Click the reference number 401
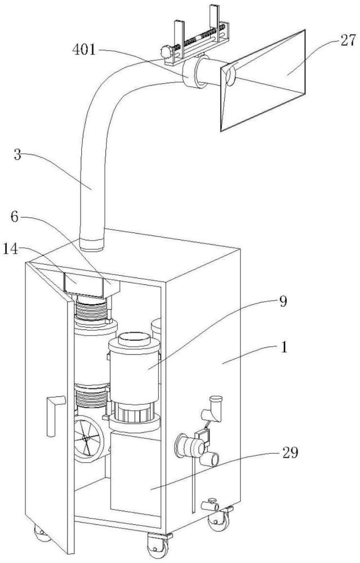(84, 50)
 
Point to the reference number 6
(15, 217)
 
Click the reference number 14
(11, 249)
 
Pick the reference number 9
(283, 302)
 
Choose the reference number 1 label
(284, 347)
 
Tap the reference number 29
(290, 453)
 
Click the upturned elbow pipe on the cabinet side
(213, 409)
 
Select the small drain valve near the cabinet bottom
(210, 505)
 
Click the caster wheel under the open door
(42, 534)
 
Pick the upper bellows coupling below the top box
(91, 310)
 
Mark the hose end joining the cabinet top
(91, 244)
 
